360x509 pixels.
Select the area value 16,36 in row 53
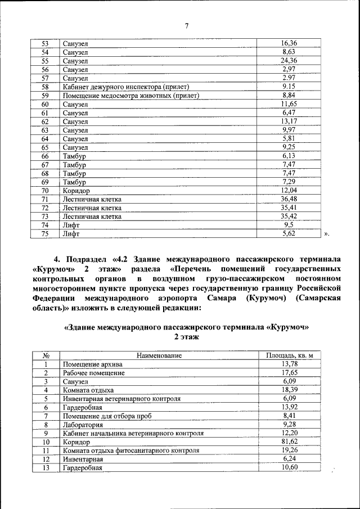click(x=289, y=43)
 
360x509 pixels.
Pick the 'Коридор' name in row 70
click(x=75, y=191)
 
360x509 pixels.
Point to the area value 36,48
click(x=289, y=199)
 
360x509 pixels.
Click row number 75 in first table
click(x=46, y=233)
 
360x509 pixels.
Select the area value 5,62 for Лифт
click(x=289, y=233)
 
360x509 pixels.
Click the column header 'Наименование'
click(x=159, y=355)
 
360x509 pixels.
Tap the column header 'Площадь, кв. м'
click(x=289, y=355)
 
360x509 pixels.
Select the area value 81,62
click(x=289, y=442)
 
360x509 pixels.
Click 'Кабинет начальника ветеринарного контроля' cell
click(x=133, y=434)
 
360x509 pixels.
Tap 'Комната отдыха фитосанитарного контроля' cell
click(x=131, y=451)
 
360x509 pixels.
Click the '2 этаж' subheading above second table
click(x=186, y=336)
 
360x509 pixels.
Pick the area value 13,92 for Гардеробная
click(x=289, y=407)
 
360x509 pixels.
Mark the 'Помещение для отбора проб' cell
click(x=107, y=416)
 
